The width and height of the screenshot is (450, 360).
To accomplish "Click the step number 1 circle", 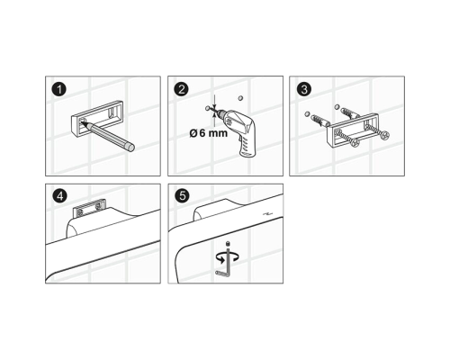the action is (x=59, y=89).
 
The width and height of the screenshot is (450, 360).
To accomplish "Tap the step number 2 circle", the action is (x=182, y=89).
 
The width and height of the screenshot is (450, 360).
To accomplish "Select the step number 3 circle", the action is (x=304, y=89).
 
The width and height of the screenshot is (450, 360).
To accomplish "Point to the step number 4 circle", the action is (x=60, y=196).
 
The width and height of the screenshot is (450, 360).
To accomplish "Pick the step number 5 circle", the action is (x=182, y=195).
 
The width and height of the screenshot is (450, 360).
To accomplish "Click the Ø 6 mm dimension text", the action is (x=209, y=132).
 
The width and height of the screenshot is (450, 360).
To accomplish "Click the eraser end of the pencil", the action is (x=130, y=147).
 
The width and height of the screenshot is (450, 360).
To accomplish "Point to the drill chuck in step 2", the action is (x=221, y=114).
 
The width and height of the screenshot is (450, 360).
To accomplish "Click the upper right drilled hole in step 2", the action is (x=240, y=98).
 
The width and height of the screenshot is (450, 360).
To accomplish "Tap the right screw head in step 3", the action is (x=385, y=136).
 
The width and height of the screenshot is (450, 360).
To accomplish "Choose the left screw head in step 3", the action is (x=355, y=142).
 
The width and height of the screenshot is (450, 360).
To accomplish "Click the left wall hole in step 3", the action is (x=307, y=114).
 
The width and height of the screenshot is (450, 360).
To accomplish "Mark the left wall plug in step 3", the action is (x=320, y=121).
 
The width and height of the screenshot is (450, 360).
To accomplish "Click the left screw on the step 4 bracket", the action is (x=79, y=211).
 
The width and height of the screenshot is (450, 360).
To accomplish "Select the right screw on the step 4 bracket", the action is (x=97, y=207).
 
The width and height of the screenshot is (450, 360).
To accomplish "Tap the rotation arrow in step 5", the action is (x=228, y=257).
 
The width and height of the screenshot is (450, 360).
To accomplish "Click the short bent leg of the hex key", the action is (x=221, y=273).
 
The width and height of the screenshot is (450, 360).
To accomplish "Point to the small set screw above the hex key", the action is (x=229, y=243).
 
